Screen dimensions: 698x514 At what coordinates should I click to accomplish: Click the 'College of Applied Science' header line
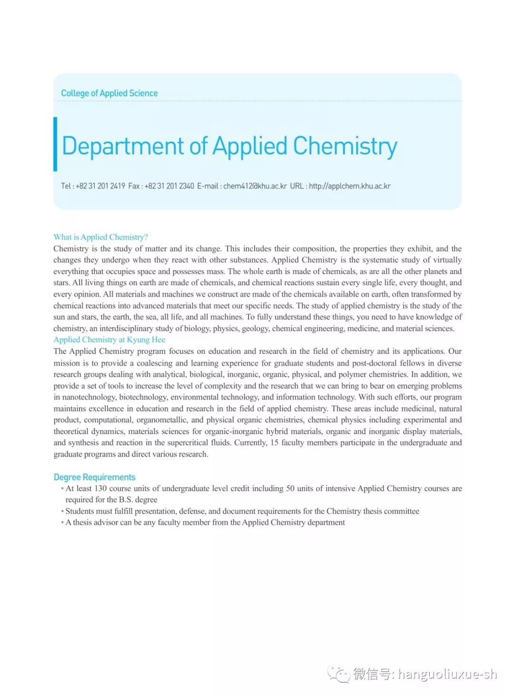pyautogui.click(x=109, y=93)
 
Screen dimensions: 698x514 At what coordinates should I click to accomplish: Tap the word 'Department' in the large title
pyautogui.click(x=123, y=146)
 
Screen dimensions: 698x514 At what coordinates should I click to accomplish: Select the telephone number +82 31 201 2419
pyautogui.click(x=100, y=186)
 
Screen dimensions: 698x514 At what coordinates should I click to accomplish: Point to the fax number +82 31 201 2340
pyautogui.click(x=169, y=186)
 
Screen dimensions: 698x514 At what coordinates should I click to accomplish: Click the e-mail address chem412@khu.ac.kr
pyautogui.click(x=255, y=186)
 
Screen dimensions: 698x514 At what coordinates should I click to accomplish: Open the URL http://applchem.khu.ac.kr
pyautogui.click(x=349, y=186)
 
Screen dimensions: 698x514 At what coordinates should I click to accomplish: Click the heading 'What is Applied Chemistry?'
pyautogui.click(x=100, y=237)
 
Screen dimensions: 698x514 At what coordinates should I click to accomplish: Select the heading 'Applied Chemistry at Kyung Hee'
pyautogui.click(x=109, y=339)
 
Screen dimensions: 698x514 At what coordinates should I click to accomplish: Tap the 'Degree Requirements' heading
pyautogui.click(x=94, y=477)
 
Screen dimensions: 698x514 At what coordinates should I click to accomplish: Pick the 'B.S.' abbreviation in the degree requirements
pyautogui.click(x=126, y=500)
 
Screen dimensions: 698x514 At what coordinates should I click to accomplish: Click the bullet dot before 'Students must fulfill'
pyautogui.click(x=62, y=511)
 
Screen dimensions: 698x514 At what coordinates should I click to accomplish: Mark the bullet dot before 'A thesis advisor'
pyautogui.click(x=62, y=523)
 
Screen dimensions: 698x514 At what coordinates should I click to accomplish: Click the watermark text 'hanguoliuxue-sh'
pyautogui.click(x=447, y=674)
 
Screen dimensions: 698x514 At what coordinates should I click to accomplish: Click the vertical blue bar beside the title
pyautogui.click(x=55, y=144)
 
